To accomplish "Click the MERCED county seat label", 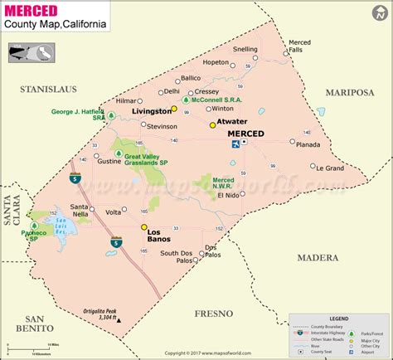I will coord(246,134).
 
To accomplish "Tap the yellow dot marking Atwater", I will coord(212,125).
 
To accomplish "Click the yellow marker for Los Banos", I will coord(143,226).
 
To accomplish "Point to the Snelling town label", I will coord(245,49).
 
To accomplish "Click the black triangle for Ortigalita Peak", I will coord(119,319).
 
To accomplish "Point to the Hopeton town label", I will coord(216,61).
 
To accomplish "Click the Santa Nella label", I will coord(80,209).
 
